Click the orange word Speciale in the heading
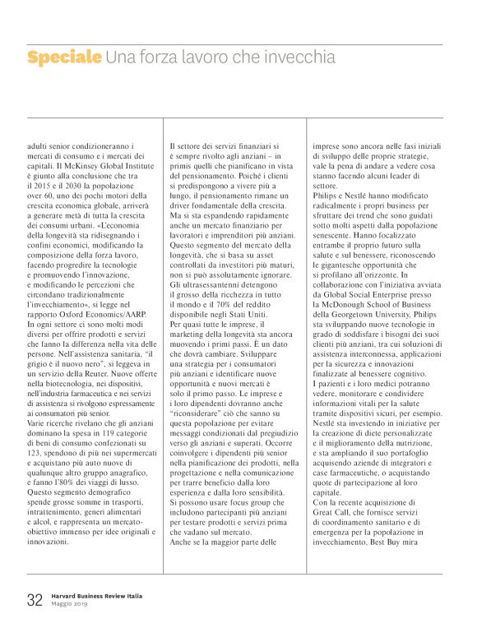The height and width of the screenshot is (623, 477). point(64,58)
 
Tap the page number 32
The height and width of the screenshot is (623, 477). point(35,600)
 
